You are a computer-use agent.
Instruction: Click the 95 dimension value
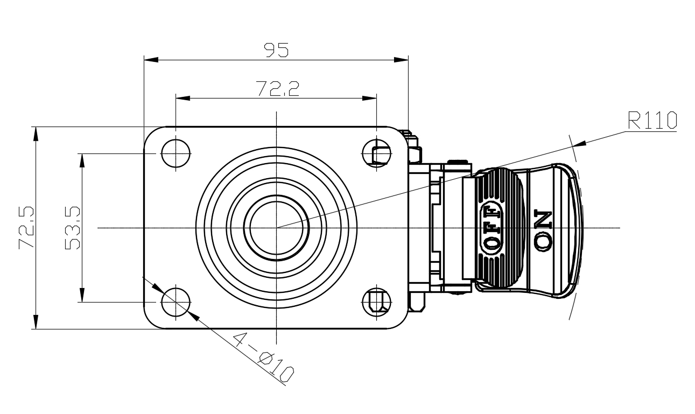pyautogui.click(x=276, y=50)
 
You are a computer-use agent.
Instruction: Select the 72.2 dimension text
pyautogui.click(x=277, y=89)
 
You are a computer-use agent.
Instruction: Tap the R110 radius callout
pyautogui.click(x=652, y=121)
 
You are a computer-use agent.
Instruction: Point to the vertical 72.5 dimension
pyautogui.click(x=26, y=227)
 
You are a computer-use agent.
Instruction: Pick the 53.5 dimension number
pyautogui.click(x=72, y=228)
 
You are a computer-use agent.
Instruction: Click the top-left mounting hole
pyautogui.click(x=175, y=153)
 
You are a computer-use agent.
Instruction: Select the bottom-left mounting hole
pyautogui.click(x=175, y=301)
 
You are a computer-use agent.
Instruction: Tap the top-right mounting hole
pyautogui.click(x=376, y=153)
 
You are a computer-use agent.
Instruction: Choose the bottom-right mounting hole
pyautogui.click(x=376, y=301)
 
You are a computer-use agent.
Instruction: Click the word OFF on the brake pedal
pyautogui.click(x=492, y=228)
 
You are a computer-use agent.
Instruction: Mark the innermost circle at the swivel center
pyautogui.click(x=276, y=228)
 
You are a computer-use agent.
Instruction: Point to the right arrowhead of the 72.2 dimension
pyautogui.click(x=369, y=99)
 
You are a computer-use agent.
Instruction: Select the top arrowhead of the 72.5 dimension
pyautogui.click(x=36, y=134)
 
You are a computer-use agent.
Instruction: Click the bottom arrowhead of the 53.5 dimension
pyautogui.click(x=82, y=296)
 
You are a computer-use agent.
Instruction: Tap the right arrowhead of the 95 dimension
pyautogui.click(x=401, y=59)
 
